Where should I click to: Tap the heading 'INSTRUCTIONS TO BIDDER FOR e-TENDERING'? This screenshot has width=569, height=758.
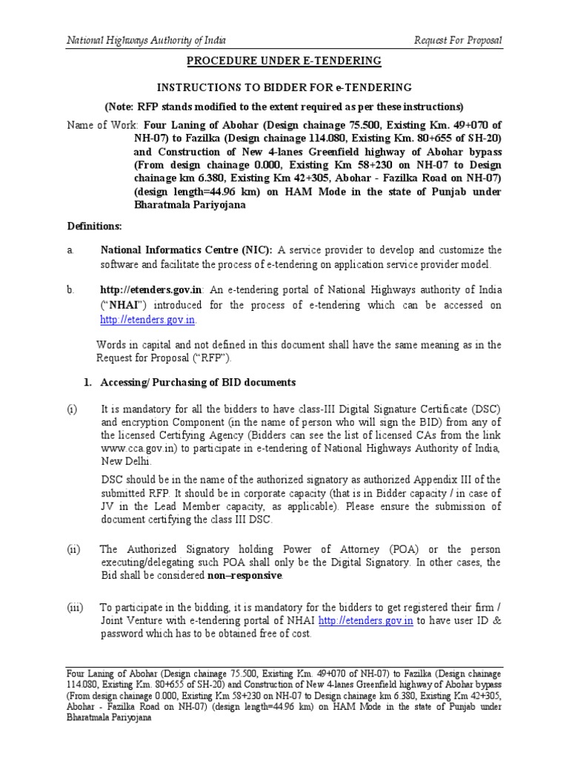pos(284,87)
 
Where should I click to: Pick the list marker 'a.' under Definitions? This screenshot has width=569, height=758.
pos(71,250)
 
